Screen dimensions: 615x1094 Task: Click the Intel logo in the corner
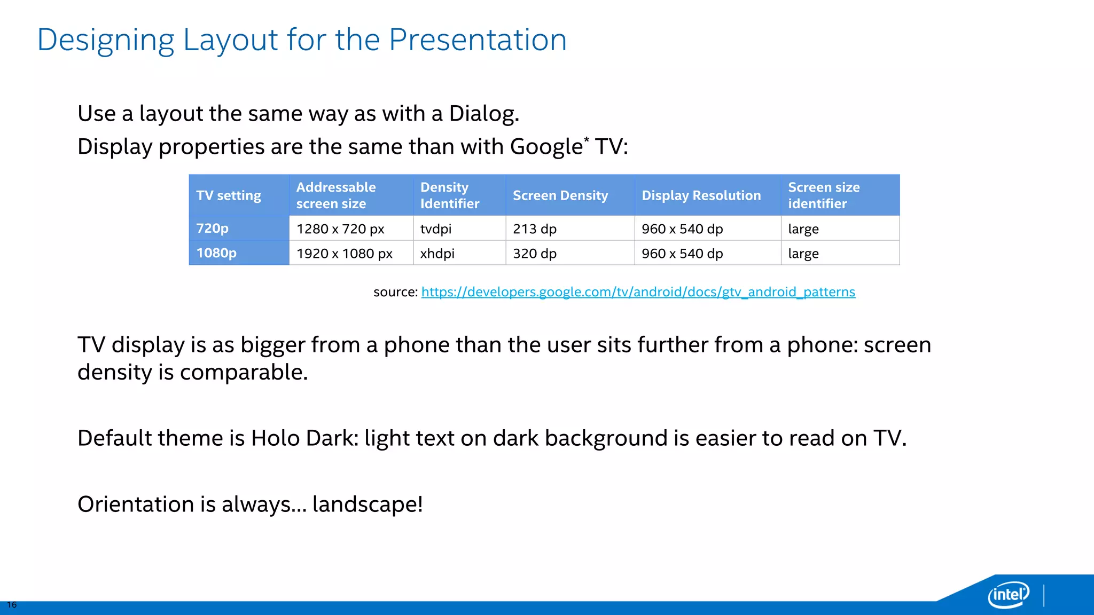(x=1008, y=594)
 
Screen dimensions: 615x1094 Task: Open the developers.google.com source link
(x=638, y=292)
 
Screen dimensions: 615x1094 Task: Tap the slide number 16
(x=12, y=605)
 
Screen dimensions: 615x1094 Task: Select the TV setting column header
(x=229, y=195)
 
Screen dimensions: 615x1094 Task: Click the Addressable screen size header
(x=336, y=195)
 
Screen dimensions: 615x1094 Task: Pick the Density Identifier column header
(x=449, y=195)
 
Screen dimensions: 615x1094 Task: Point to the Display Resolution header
(x=701, y=195)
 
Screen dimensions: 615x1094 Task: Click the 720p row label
(x=213, y=228)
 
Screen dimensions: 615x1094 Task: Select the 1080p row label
(x=216, y=253)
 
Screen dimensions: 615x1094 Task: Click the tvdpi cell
(x=435, y=229)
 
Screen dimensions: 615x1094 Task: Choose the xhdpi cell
(x=437, y=254)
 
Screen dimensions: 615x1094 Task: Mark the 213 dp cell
(x=534, y=229)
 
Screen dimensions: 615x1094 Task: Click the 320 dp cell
(x=534, y=254)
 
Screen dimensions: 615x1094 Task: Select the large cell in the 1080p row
(x=803, y=254)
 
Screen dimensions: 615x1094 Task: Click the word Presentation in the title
(x=477, y=40)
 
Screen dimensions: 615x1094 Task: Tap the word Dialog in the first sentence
(x=483, y=114)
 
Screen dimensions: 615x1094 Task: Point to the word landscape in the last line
(x=367, y=504)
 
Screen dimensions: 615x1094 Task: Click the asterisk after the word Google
(x=586, y=140)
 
